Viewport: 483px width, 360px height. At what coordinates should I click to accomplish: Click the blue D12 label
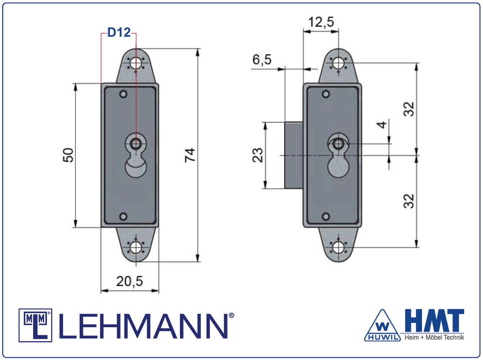point(119,32)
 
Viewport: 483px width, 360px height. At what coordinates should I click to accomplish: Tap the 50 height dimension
point(68,155)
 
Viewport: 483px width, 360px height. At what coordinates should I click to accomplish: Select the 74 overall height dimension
point(190,155)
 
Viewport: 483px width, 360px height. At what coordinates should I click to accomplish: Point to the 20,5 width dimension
point(130,281)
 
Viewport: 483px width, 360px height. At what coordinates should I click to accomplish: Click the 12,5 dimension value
point(321,22)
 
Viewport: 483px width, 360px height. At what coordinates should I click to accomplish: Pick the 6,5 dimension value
point(262,59)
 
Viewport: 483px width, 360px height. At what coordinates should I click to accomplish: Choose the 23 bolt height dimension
point(258,155)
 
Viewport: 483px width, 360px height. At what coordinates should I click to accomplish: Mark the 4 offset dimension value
point(381,125)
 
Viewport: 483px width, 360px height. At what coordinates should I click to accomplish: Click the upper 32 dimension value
point(409,109)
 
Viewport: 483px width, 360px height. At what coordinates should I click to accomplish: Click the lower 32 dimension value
point(409,201)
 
